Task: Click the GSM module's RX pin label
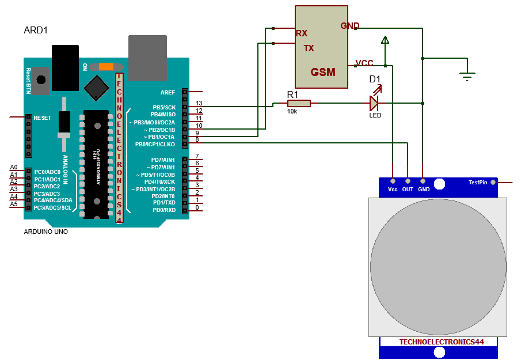302,33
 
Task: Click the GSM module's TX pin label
309,48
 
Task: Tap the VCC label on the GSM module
364,63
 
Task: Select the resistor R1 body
299,103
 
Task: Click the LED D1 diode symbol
374,103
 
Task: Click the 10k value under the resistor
292,111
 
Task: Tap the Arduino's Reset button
40,81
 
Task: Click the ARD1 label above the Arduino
36,30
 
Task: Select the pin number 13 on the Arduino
199,104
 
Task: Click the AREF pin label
168,92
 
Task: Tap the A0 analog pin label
14,168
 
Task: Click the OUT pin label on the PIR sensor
408,189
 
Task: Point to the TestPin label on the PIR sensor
478,182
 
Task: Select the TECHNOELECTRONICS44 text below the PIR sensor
442,342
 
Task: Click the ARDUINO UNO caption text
45,232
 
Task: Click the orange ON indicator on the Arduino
106,66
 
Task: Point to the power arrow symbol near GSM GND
385,40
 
